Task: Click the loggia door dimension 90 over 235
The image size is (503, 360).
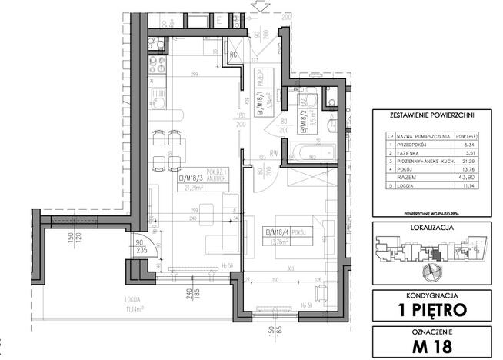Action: pos(138,244)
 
